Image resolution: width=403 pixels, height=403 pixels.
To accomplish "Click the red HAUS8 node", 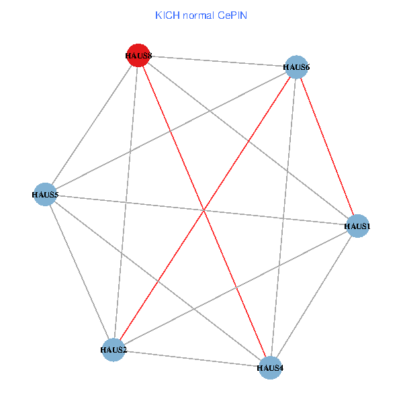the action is coord(137,56).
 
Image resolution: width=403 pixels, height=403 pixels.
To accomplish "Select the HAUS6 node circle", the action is coord(296,66).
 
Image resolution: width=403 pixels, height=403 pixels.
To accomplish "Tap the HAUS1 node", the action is coord(357,226).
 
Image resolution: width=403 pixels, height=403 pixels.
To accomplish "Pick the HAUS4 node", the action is coord(270,367).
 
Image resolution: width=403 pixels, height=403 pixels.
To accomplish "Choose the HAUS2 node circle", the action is coord(114,349).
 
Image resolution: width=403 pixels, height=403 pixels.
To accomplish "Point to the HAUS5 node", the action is coord(45,195).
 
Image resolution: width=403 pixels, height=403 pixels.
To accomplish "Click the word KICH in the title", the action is coord(167,15).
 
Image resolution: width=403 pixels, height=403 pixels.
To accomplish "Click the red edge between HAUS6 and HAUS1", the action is coord(326,146).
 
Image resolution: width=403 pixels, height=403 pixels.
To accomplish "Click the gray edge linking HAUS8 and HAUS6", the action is coord(216,61).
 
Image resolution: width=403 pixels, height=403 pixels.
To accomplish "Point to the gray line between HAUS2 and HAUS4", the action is coord(191,358).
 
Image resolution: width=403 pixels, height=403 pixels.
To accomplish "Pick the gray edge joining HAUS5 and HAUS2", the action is coord(79,272).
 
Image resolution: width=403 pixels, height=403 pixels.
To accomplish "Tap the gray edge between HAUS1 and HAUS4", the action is coord(314,297).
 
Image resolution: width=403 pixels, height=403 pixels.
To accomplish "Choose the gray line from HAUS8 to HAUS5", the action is coord(91,126).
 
